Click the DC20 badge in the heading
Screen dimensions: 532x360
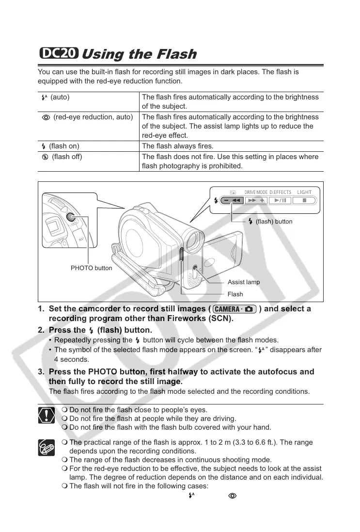59,53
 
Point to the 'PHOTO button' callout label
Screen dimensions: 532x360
91,268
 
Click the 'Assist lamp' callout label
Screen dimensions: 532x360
243,282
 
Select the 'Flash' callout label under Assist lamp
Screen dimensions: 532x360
235,294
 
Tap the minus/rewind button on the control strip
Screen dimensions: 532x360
231,200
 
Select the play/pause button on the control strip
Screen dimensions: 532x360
281,200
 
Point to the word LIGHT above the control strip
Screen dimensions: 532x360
304,192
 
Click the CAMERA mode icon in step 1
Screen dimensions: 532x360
235,309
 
